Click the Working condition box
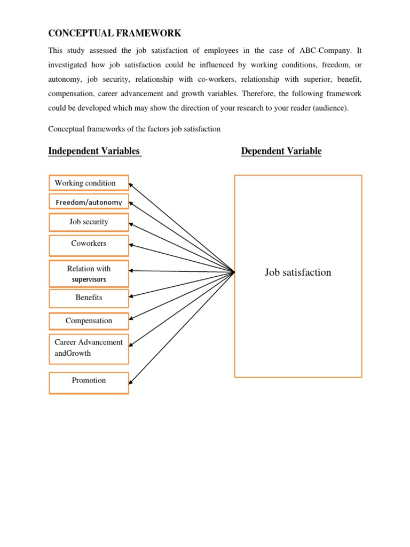(x=89, y=183)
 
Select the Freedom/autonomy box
(x=89, y=202)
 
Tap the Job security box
(x=89, y=222)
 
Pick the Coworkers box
(x=89, y=244)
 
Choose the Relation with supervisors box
(x=89, y=273)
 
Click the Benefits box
(x=89, y=298)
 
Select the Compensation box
(x=89, y=321)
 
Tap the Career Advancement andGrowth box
(x=89, y=348)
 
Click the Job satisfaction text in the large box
(x=298, y=272)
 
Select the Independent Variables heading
(x=94, y=151)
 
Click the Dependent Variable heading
(x=281, y=151)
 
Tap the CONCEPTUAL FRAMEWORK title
(x=115, y=33)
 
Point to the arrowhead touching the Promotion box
(x=131, y=381)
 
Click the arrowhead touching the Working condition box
(x=131, y=184)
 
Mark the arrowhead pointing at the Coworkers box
(x=131, y=245)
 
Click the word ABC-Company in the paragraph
(x=335, y=50)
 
